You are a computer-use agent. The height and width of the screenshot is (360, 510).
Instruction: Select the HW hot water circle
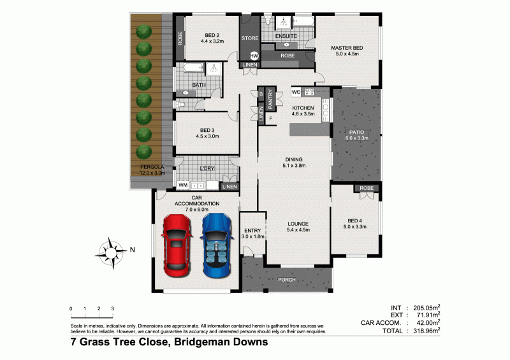[254, 56]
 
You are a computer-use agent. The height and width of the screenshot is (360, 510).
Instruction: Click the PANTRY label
[270, 99]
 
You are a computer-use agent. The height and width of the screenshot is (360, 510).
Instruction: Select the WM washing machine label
[183, 185]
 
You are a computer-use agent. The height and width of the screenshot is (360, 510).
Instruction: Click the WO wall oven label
[296, 92]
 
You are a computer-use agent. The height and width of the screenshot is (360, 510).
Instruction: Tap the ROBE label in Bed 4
[366, 188]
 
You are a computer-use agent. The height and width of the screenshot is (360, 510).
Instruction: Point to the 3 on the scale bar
[113, 308]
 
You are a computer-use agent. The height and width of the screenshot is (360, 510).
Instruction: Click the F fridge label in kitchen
[270, 119]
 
